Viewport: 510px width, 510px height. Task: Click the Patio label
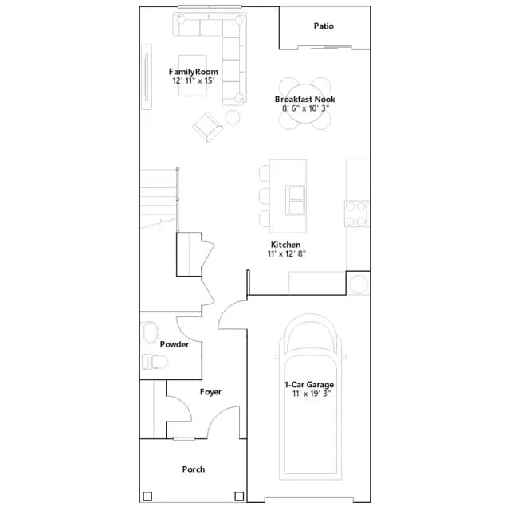coord(324,26)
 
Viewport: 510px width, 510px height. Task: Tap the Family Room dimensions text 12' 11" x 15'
coord(193,80)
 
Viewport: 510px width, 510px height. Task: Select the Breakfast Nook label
coord(304,99)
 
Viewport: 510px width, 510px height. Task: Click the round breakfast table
coord(304,104)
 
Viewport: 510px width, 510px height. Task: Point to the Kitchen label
coord(285,245)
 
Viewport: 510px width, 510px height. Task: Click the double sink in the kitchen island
coord(296,200)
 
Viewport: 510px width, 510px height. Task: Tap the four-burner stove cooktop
coord(356,214)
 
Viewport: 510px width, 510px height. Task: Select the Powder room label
coord(175,344)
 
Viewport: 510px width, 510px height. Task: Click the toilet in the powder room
coord(155,362)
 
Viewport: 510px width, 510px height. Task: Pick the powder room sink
coord(150,332)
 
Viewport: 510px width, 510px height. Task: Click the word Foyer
coord(210,392)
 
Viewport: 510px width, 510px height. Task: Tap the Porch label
coord(194,469)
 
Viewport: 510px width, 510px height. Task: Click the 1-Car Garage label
coord(309,385)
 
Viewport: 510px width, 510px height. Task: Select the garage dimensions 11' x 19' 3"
coord(312,394)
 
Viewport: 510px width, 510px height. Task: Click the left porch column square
coord(147,496)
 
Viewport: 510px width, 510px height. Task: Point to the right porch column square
coord(239,496)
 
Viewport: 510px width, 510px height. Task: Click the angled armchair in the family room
coord(208,127)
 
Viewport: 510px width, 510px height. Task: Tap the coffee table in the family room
coord(193,76)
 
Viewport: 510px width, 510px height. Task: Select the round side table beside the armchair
coord(233,117)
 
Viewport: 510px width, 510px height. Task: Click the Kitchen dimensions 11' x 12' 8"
coord(287,253)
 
